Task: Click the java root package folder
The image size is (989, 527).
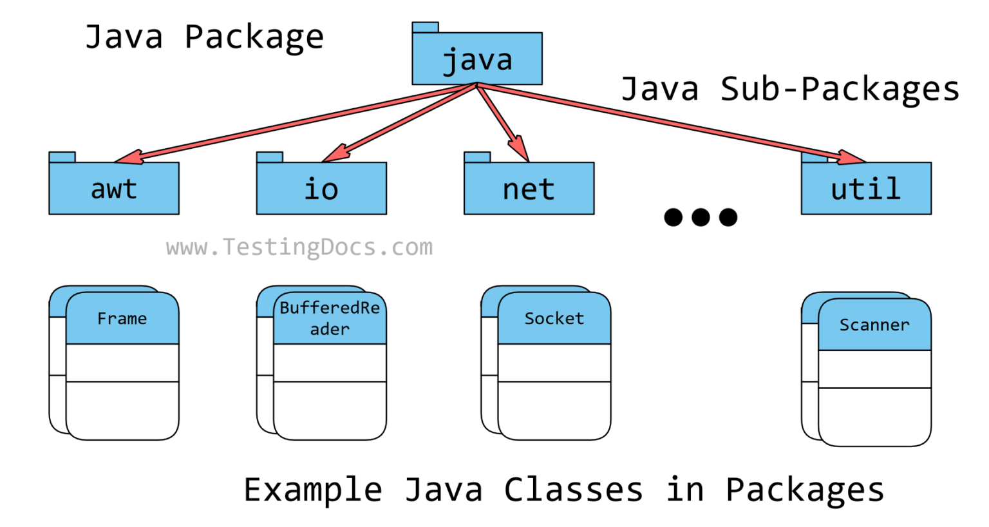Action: tap(477, 59)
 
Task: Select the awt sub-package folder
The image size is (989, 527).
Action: tap(114, 188)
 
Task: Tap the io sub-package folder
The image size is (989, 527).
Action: tap(321, 188)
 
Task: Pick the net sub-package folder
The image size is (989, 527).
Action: tap(529, 188)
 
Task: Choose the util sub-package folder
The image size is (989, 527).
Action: tap(866, 188)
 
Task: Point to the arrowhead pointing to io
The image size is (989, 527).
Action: tap(335, 155)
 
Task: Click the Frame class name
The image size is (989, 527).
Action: tap(122, 318)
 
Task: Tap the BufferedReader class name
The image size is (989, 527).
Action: tap(330, 318)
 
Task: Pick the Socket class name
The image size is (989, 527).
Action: tap(554, 318)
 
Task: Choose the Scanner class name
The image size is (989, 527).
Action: tap(874, 325)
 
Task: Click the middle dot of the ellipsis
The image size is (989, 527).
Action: tap(701, 217)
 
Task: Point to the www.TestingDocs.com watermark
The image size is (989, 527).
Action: tap(299, 247)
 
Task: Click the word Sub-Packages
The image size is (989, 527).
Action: tap(840, 89)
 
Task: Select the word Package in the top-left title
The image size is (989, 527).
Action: tap(254, 37)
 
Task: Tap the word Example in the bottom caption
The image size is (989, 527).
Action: tap(313, 490)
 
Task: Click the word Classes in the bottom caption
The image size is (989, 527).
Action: tap(573, 490)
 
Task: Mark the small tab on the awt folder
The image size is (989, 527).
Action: tap(62, 157)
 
